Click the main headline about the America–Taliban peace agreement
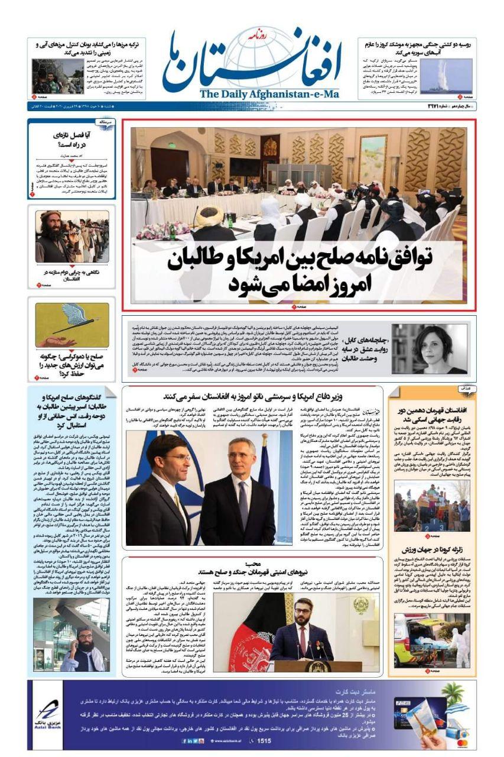(x=299, y=270)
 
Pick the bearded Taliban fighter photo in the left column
(x=71, y=236)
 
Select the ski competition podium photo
(x=431, y=505)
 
